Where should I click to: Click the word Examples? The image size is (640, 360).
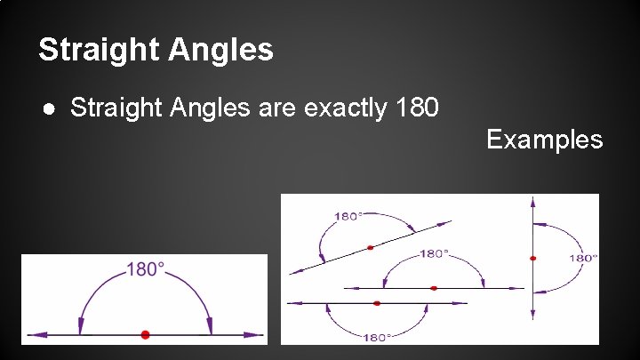point(544,140)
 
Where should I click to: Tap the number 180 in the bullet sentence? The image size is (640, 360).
point(415,108)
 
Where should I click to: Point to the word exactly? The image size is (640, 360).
point(344,108)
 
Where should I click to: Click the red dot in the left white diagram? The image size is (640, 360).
point(145,334)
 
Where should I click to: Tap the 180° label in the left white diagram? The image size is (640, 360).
point(146,268)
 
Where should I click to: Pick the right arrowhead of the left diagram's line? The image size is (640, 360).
point(257,335)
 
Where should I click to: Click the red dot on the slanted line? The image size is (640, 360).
point(370,244)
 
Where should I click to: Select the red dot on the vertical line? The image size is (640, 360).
point(532,258)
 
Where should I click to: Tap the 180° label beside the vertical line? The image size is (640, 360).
point(583,258)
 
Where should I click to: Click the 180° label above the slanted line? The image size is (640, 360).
point(348,216)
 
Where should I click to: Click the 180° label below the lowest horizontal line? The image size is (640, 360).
point(377,337)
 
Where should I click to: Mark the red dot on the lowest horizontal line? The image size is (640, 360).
point(377,303)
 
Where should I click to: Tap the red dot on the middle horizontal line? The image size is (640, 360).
point(434,288)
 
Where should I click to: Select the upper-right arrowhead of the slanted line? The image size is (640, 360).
point(447,221)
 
